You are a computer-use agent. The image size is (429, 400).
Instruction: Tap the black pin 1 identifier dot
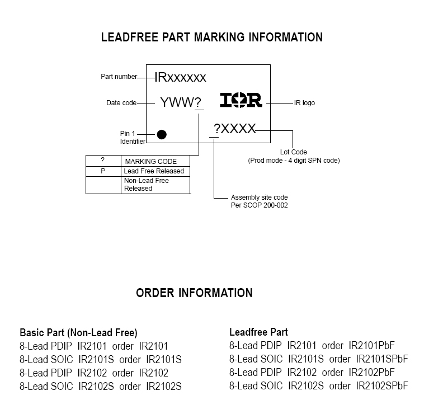click(162, 134)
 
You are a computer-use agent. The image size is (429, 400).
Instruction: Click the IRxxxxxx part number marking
click(180, 77)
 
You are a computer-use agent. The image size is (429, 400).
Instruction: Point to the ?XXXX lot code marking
click(234, 129)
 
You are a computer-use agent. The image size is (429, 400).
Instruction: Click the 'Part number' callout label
click(119, 77)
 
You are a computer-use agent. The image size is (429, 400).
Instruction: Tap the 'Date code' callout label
click(121, 103)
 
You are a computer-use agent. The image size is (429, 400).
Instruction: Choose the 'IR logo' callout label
click(304, 103)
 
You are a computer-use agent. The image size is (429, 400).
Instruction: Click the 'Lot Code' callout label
click(294, 152)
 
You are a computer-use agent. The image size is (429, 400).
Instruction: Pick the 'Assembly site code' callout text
click(260, 198)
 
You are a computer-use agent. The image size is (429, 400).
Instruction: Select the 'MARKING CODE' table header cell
click(150, 162)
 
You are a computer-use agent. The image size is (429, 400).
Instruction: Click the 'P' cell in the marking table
click(103, 171)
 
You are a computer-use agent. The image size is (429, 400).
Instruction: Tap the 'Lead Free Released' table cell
click(154, 171)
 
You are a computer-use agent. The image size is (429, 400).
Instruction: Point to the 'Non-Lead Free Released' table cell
click(147, 185)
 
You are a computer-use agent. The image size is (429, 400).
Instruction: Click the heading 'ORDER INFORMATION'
click(194, 293)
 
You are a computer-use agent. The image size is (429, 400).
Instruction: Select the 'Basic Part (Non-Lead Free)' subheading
click(78, 332)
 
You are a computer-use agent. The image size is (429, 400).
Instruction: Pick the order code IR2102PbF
click(371, 372)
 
